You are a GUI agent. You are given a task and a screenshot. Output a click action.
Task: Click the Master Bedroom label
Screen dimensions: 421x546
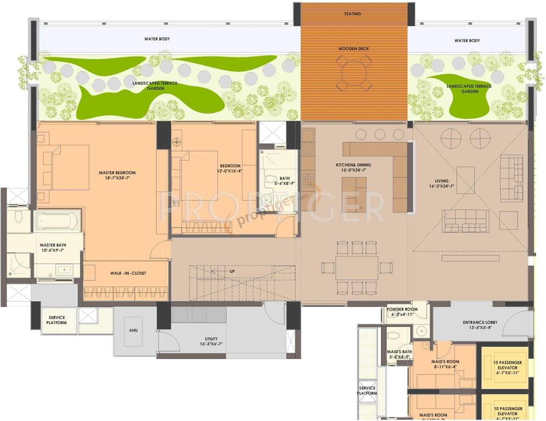[x=117, y=173]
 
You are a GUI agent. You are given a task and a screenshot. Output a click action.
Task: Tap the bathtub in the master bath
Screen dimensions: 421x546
[x=57, y=221]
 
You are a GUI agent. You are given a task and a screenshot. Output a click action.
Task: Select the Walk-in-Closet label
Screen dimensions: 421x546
[x=128, y=272]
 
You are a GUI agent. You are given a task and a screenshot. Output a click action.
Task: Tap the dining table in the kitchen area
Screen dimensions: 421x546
[x=357, y=268]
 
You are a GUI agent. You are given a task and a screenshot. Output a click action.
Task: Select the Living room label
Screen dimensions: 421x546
[x=442, y=181]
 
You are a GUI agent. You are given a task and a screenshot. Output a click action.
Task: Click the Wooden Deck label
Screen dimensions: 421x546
[x=353, y=49]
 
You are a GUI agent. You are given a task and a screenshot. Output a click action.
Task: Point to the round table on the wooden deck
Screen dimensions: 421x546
[x=354, y=72]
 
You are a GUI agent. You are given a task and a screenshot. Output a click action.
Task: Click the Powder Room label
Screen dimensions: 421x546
[x=403, y=309]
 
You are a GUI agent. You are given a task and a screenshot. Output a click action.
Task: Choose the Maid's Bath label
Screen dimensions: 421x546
[x=399, y=351]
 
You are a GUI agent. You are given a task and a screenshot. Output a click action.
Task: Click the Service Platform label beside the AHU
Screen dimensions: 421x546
[x=58, y=320]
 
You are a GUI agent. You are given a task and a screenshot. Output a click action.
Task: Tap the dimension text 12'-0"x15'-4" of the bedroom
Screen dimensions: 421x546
[x=230, y=171]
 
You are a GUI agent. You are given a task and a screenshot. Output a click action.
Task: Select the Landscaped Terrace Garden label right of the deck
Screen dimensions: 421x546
[x=469, y=89]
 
